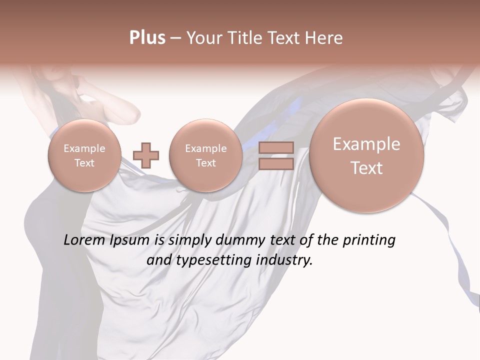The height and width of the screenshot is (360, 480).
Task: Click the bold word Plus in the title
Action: coord(147,38)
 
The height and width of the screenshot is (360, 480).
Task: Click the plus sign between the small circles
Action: coord(146,155)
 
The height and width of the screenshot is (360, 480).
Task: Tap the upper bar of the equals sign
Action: coord(275,147)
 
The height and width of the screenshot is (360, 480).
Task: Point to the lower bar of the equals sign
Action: coord(275,163)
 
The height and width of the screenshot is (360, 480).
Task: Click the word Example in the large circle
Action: coord(366,144)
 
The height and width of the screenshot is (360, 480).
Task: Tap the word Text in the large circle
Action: coord(366,168)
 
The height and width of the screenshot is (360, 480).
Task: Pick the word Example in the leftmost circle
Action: coord(84,148)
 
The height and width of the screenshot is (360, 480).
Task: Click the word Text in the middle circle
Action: coord(205,163)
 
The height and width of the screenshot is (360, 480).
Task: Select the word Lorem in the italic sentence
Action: coord(84,240)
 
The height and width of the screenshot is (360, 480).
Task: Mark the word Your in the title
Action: coord(203,38)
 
